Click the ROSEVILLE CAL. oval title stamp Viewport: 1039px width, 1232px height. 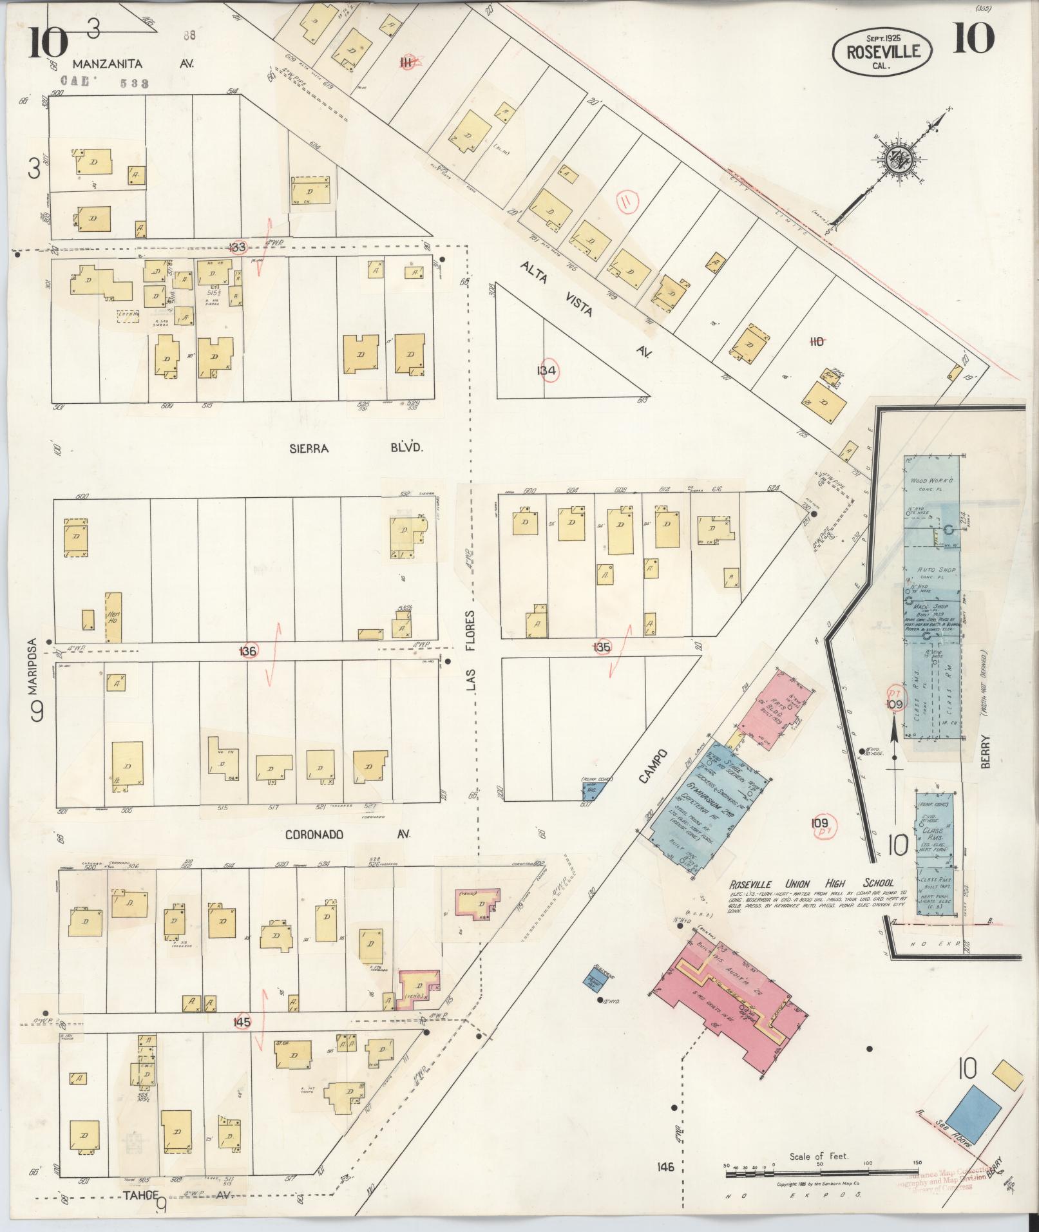coord(882,49)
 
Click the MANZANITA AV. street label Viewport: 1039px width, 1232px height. coord(132,64)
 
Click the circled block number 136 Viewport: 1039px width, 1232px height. coord(248,651)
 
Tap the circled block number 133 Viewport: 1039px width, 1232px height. coord(239,247)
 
